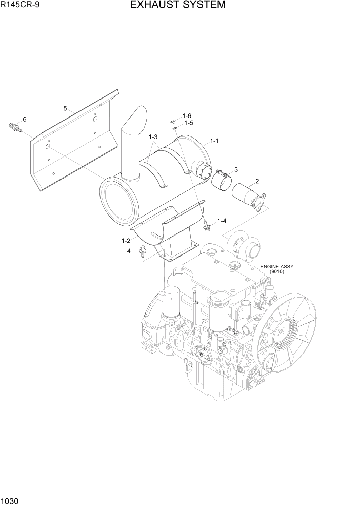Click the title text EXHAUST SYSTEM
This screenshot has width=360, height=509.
[177, 6]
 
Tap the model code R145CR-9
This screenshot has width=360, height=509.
[19, 6]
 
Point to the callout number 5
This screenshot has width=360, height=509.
[65, 108]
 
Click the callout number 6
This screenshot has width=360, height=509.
[24, 119]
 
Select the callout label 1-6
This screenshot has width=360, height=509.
[187, 116]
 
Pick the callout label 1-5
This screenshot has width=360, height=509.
[188, 123]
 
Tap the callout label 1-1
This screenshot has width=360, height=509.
[214, 140]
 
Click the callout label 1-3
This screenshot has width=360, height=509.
[153, 137]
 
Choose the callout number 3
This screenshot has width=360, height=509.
[236, 169]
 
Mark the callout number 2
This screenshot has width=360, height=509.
[257, 181]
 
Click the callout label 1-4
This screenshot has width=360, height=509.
[222, 221]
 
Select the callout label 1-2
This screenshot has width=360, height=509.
[126, 240]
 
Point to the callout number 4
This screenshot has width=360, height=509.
[129, 251]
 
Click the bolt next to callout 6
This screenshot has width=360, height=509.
[15, 127]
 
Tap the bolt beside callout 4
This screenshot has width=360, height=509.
[142, 252]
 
